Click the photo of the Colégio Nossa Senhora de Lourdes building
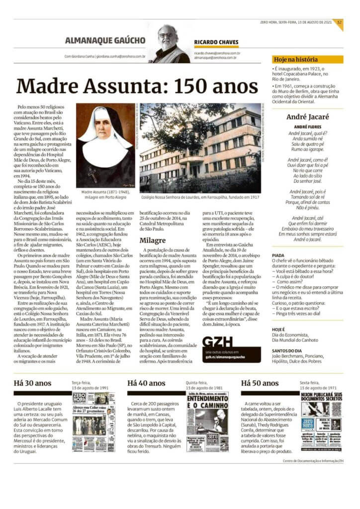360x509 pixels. click(x=200, y=148)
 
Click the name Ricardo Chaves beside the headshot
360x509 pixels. click(x=216, y=42)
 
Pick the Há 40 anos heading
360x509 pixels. click(x=146, y=383)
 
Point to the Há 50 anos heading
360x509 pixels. click(x=260, y=383)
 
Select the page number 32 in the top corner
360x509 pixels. click(x=339, y=22)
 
